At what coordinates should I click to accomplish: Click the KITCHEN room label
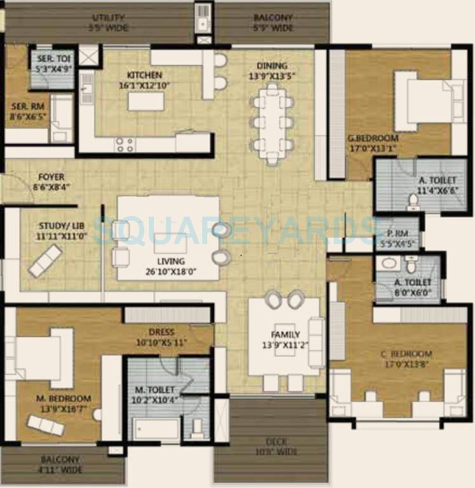[144, 75]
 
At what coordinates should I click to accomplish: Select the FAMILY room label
[285, 335]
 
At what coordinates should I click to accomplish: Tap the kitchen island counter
[144, 101]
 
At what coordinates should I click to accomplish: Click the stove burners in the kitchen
[125, 145]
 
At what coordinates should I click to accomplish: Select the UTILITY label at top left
[108, 17]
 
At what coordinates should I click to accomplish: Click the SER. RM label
[26, 107]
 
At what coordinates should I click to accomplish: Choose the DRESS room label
[162, 332]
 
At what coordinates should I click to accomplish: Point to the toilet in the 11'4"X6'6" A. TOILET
[413, 202]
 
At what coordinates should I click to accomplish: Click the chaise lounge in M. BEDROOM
[46, 424]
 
